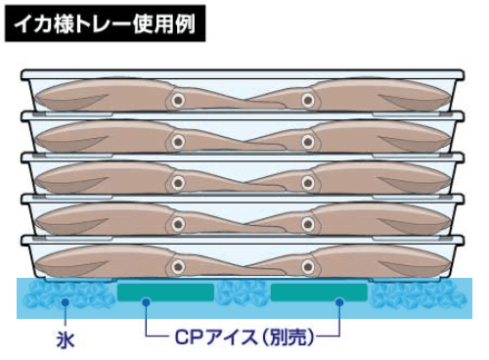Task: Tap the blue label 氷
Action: tap(65, 341)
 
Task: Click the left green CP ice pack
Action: tap(165, 292)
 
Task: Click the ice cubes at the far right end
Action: tap(415, 293)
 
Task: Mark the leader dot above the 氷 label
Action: tap(65, 303)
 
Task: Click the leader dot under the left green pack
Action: tap(145, 303)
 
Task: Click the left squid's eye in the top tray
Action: tap(178, 99)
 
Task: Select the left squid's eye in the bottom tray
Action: tap(178, 263)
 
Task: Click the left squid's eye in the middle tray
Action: tap(178, 181)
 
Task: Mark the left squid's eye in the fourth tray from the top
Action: tap(178, 222)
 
